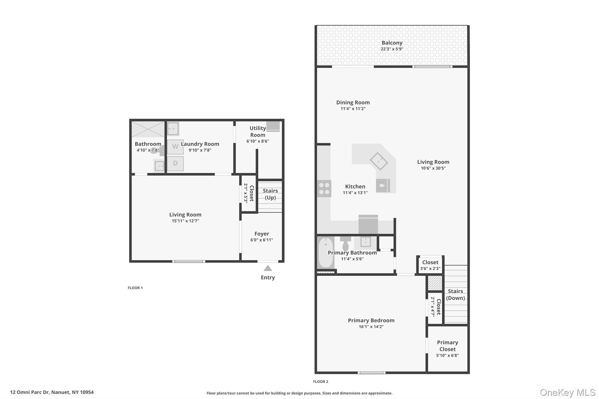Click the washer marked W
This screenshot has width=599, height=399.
coord(175,147)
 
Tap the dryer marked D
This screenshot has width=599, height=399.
coord(175,163)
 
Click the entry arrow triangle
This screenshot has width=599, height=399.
coord(268,268)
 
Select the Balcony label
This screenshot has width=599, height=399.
coord(392,43)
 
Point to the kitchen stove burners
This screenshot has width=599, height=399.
coord(324,189)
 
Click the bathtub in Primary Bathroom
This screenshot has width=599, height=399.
coord(325,253)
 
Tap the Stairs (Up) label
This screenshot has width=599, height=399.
coord(270,194)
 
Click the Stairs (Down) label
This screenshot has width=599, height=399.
coord(455,294)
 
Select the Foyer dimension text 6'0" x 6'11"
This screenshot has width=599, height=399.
coord(261,240)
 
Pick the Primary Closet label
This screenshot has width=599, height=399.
coord(447,346)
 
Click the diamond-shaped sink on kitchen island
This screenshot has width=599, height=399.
coord(379,161)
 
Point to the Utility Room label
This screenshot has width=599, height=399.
coord(258,132)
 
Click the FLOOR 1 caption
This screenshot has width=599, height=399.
coord(135,288)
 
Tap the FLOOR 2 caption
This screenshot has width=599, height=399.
coord(321,381)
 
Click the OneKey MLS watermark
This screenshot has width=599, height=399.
coord(568,392)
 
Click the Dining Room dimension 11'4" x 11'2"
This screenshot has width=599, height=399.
coord(353,109)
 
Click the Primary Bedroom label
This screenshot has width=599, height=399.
coord(371,320)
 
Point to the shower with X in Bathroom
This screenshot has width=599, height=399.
coord(148,129)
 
